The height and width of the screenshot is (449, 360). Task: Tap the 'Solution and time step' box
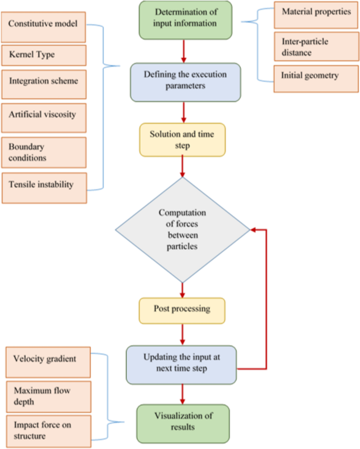click(x=182, y=139)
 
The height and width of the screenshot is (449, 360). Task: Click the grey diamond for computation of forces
click(x=182, y=230)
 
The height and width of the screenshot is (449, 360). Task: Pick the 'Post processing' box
click(x=182, y=310)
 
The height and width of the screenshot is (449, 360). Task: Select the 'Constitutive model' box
click(x=43, y=26)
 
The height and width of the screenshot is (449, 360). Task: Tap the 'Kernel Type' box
click(x=43, y=55)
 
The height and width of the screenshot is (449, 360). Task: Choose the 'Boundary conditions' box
click(x=43, y=152)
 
